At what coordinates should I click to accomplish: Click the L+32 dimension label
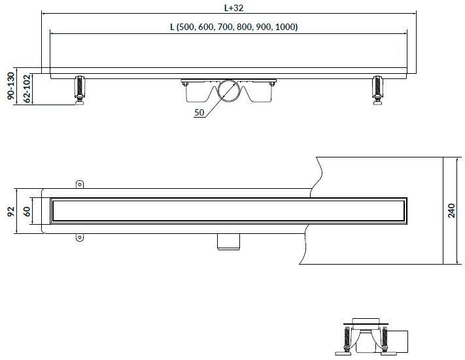(233, 8)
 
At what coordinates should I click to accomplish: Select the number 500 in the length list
(185, 27)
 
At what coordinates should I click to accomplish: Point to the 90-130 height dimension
(11, 86)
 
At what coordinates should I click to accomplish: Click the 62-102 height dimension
(27, 89)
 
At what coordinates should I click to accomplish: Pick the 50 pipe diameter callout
(199, 112)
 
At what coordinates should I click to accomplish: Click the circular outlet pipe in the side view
(229, 91)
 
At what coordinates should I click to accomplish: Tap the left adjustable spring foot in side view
(80, 90)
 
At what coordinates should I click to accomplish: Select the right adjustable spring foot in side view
(377, 90)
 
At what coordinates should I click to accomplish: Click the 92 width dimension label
(11, 211)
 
